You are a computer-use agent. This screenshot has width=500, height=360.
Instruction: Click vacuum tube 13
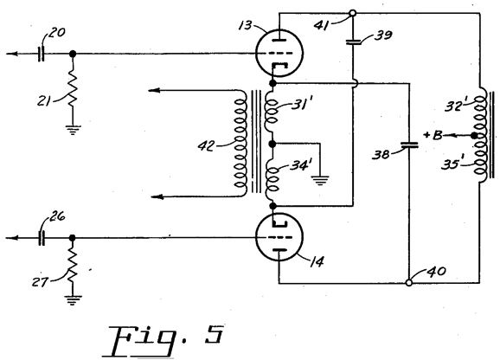[x=279, y=53]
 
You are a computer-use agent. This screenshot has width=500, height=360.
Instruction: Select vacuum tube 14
[x=279, y=237]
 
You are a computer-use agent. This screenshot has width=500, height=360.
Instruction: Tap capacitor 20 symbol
[x=42, y=54]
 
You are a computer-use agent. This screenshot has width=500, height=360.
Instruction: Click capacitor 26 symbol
[x=42, y=238]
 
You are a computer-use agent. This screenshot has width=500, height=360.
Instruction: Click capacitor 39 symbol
[x=353, y=42]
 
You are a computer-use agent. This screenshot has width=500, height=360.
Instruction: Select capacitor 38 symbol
[x=409, y=145]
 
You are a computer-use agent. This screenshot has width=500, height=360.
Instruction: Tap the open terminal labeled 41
[x=353, y=13]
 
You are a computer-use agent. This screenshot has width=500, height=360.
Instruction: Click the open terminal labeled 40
[x=409, y=282]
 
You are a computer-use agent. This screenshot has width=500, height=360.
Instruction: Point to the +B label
[x=433, y=135]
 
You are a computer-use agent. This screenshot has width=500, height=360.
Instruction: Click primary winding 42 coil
[x=240, y=143]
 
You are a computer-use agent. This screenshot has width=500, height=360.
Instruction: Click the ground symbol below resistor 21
[x=73, y=130]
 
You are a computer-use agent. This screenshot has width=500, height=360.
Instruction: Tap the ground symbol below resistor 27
[x=72, y=300]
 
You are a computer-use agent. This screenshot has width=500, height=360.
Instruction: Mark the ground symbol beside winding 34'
[x=320, y=181]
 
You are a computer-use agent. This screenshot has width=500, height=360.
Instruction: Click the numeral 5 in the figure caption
[x=214, y=334]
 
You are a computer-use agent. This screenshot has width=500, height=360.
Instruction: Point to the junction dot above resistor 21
[x=73, y=54]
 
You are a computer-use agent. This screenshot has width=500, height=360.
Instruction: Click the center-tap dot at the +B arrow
[x=474, y=136]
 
